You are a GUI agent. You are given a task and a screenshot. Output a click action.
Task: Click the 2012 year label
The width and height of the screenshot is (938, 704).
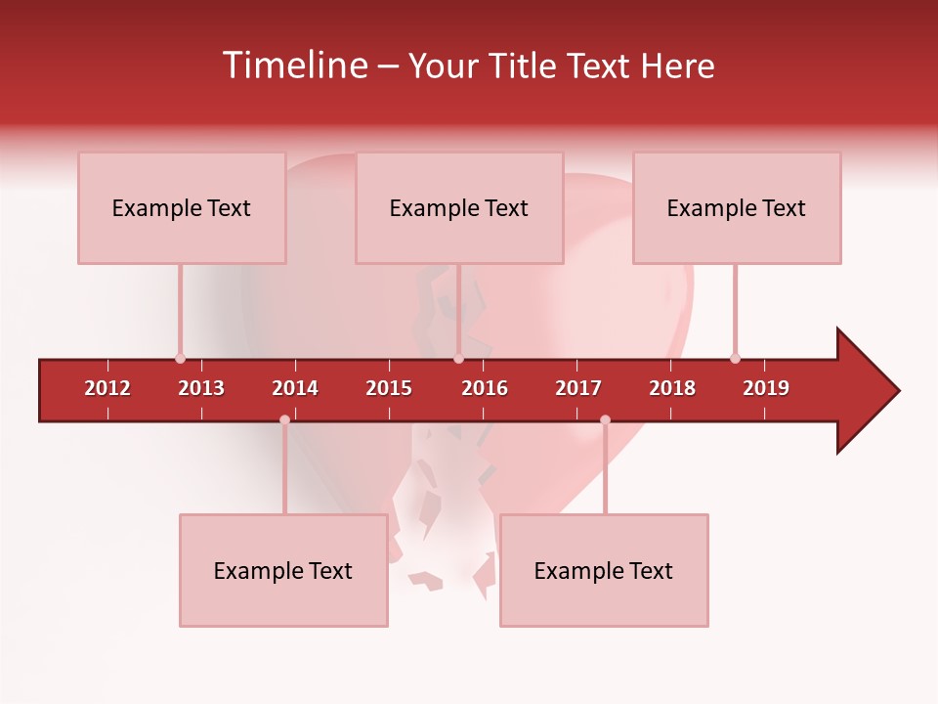pos(107,388)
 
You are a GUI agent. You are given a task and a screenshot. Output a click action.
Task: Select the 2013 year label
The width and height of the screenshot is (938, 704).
pos(201,388)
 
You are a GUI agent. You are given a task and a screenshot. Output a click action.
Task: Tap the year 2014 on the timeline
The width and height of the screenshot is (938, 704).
pos(295,388)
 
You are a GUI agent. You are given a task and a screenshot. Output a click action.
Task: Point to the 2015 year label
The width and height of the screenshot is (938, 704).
pos(389,388)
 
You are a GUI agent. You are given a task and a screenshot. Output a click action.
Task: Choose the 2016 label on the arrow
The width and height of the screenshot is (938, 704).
pos(485,388)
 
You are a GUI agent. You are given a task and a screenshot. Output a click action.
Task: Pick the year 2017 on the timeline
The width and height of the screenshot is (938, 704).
pos(578,388)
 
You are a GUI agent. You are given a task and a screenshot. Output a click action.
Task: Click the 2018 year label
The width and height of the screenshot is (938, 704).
pos(672,388)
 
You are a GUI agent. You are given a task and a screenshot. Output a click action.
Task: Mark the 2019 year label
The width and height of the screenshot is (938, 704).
pos(766,388)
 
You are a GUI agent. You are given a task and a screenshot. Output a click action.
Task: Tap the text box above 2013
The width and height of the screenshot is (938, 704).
pos(182,207)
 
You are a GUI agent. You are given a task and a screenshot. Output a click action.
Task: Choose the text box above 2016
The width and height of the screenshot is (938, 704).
pos(459,207)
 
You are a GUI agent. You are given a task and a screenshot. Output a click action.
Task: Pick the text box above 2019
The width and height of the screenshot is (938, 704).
pos(737,207)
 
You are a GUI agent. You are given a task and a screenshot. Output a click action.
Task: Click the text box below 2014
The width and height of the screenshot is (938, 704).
pos(283,570)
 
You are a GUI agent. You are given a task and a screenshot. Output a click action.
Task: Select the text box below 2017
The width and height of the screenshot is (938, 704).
pos(604,570)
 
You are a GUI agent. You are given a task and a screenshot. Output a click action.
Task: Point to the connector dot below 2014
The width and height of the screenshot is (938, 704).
pos(284,419)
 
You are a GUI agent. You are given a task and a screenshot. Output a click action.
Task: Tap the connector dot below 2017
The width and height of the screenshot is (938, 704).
pos(605,419)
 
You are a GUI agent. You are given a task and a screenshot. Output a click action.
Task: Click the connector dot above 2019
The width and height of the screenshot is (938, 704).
pos(735,358)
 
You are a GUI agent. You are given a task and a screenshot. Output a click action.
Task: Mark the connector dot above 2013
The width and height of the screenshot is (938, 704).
pos(180,358)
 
